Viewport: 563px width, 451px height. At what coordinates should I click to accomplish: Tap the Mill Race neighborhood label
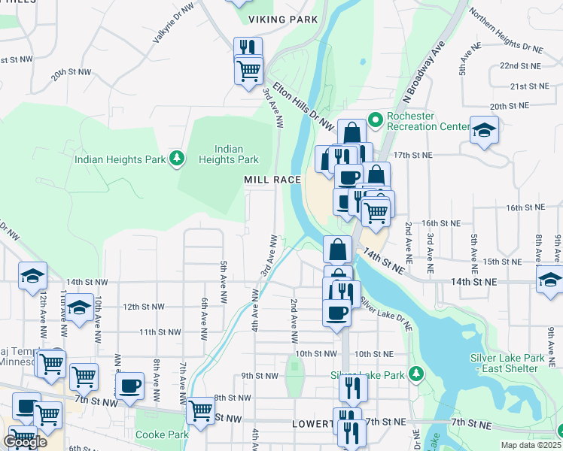pyautogui.click(x=272, y=180)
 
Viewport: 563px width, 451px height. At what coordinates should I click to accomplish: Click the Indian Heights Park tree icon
pyautogui.click(x=177, y=158)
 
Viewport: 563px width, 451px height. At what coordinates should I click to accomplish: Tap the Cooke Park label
pyautogui.click(x=162, y=434)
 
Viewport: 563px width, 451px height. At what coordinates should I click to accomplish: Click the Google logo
pyautogui.click(x=25, y=443)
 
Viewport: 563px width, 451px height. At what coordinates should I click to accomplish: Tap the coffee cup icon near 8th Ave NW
pyautogui.click(x=130, y=386)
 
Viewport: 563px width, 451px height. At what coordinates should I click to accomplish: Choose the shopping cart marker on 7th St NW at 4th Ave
pyautogui.click(x=200, y=411)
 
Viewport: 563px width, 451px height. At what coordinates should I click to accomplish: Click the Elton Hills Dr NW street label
pyautogui.click(x=303, y=104)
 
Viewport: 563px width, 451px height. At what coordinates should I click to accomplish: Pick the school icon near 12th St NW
pyautogui.click(x=78, y=307)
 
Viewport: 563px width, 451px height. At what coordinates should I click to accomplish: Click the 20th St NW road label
pyautogui.click(x=71, y=75)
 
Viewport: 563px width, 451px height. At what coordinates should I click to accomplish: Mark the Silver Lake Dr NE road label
pyautogui.click(x=386, y=314)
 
